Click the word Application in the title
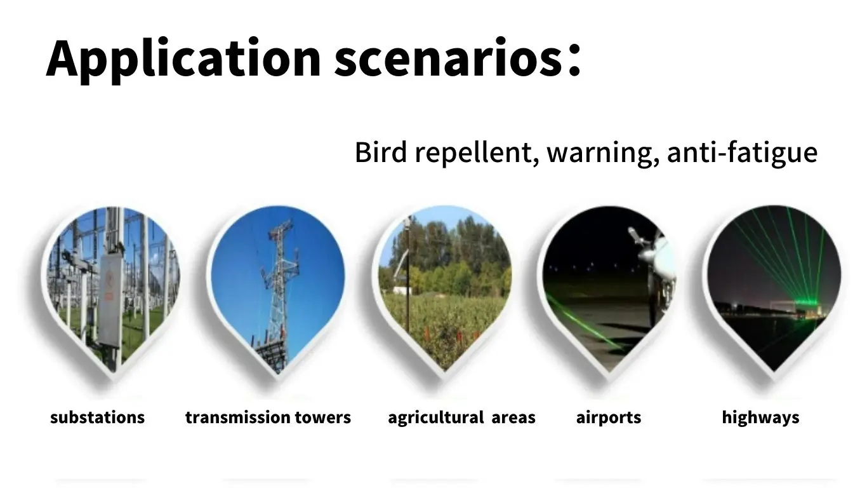coord(183,58)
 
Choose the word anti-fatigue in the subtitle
coord(742,153)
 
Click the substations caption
coord(97,417)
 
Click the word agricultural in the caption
coord(436,417)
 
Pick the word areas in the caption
coord(513,417)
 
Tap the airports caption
coord(609,417)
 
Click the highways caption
coord(760,417)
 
